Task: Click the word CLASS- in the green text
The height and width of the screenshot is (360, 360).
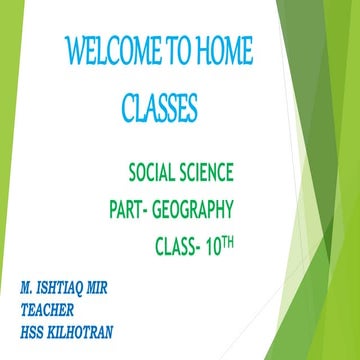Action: [186, 246]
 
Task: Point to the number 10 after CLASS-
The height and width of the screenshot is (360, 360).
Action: [231, 246]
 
